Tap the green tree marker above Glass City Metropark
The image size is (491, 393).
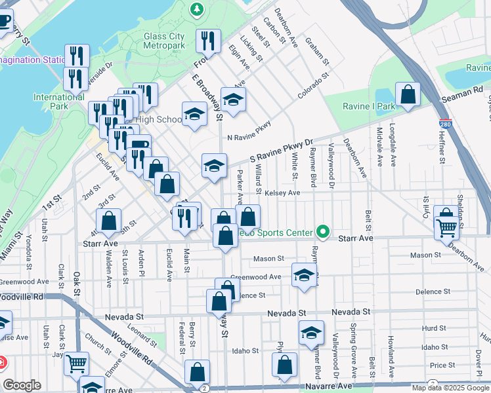tap(196, 9)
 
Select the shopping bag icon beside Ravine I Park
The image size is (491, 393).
tap(408, 95)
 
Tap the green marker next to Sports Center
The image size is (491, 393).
tap(322, 232)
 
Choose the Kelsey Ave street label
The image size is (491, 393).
tap(282, 193)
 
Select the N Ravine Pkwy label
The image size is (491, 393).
tap(249, 138)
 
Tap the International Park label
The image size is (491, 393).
tap(50, 102)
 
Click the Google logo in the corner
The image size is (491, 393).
tap(22, 385)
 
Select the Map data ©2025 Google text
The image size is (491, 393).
tap(450, 388)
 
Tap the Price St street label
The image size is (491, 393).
tap(442, 365)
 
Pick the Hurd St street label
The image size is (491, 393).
tap(434, 328)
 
